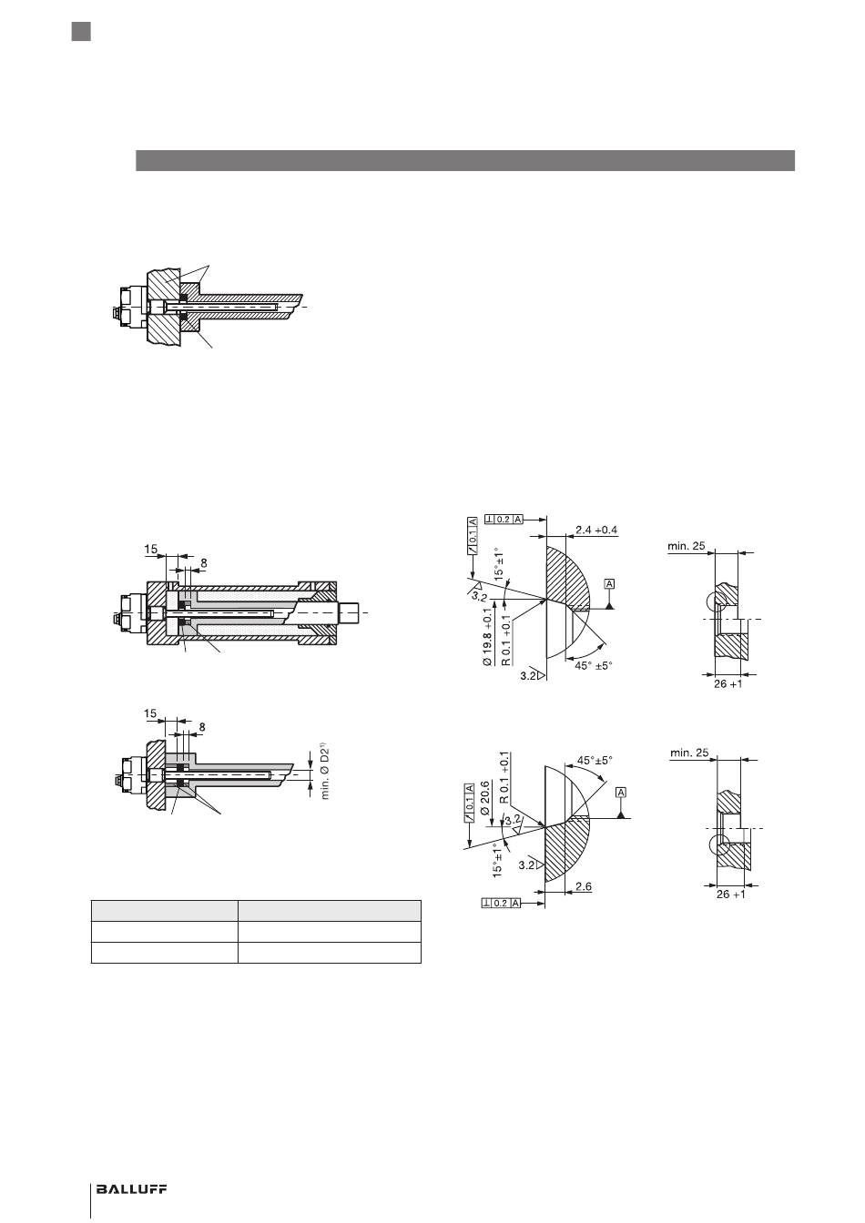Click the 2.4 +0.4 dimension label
[x=596, y=530]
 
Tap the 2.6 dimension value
[x=583, y=886]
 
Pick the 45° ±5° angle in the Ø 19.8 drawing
[x=594, y=665]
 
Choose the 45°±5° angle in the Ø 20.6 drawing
[x=595, y=760]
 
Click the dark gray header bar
[x=465, y=160]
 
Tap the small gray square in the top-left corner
[x=81, y=32]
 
